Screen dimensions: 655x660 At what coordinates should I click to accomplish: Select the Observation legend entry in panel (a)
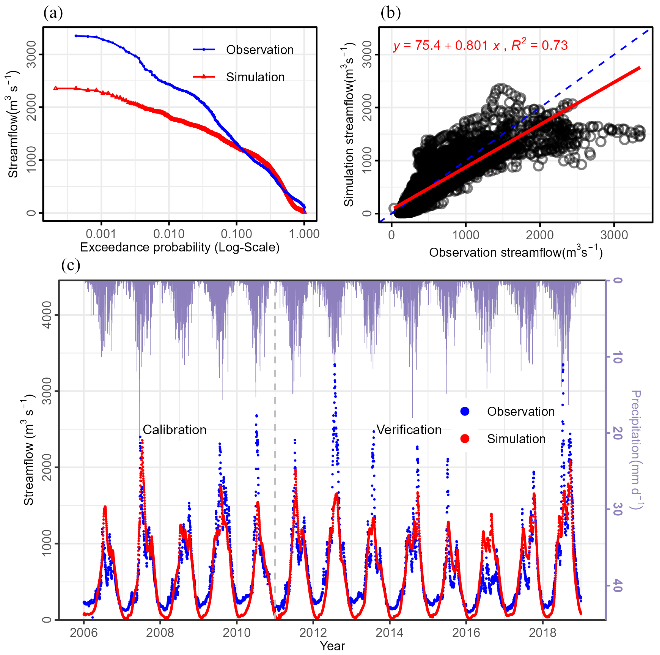[259, 50]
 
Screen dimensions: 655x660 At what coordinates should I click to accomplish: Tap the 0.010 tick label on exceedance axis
[169, 234]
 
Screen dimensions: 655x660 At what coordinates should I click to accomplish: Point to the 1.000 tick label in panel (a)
[304, 234]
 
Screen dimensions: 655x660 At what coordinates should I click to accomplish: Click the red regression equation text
[480, 45]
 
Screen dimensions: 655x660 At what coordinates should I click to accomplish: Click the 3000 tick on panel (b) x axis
[614, 235]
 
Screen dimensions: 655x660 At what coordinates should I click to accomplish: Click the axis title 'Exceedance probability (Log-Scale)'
[180, 247]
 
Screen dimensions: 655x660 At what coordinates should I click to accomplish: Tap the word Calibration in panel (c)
[174, 430]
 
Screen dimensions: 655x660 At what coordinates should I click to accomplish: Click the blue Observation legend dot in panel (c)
[465, 411]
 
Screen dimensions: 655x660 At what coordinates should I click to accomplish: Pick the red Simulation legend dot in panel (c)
[465, 439]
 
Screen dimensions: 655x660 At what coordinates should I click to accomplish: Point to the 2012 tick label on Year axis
[313, 633]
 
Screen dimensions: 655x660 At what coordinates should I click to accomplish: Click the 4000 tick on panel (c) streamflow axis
[47, 315]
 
